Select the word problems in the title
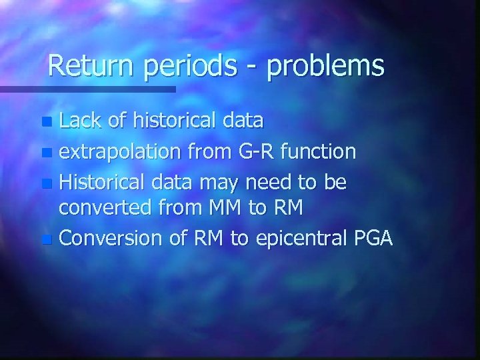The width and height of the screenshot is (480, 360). [x=326, y=67]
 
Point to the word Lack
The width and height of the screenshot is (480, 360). [x=81, y=121]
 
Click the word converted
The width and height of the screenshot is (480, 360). [x=107, y=208]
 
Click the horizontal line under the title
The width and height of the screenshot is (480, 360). [x=87, y=89]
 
